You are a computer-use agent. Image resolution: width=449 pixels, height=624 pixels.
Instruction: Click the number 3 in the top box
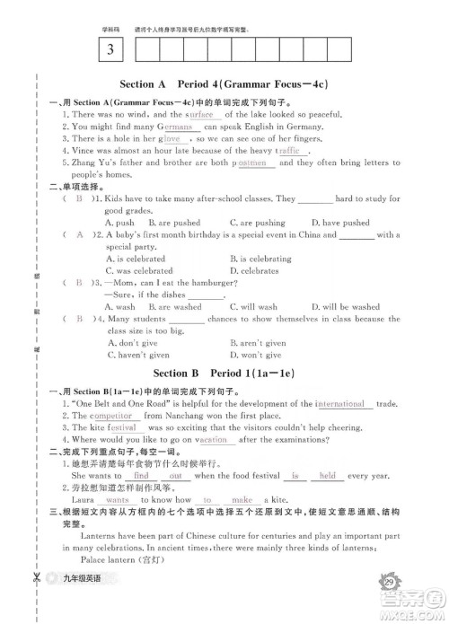click(x=110, y=48)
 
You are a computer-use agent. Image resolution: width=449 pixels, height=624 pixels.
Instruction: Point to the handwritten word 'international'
click(x=339, y=404)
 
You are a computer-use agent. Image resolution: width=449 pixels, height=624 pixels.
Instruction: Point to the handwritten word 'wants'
click(x=118, y=499)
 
